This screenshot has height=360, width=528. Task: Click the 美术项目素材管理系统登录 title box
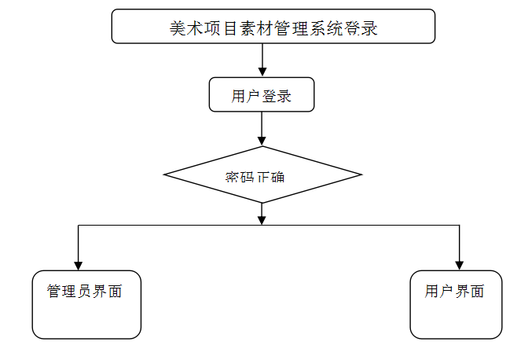273,26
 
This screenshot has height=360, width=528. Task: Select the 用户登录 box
262,94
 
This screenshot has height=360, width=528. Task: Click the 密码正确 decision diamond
262,174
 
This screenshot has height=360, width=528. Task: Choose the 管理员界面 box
86,304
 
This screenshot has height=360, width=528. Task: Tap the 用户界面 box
456,304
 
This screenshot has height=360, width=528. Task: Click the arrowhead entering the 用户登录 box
262,72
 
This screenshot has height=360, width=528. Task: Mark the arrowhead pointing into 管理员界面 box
78,265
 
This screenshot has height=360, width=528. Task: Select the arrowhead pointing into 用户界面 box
460,265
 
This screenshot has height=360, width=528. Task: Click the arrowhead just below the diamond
262,218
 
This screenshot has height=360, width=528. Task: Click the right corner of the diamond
361,174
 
